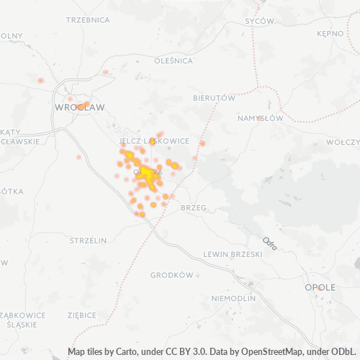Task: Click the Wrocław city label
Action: coord(79,107)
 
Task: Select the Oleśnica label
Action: coord(174,61)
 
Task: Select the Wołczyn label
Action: coord(342,143)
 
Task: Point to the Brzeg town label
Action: coord(194,207)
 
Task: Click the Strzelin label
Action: coord(89,240)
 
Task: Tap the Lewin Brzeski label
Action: coord(230,253)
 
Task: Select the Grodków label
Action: coord(171,275)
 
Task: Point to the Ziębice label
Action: coord(81,315)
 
